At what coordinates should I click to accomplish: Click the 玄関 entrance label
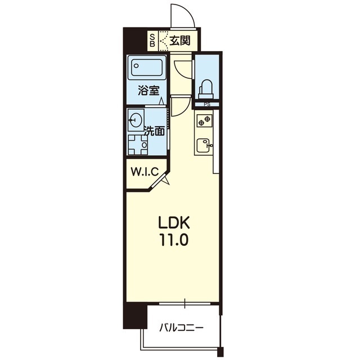[180, 40]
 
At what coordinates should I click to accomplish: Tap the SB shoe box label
[152, 40]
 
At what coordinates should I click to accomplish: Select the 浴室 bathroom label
[148, 91]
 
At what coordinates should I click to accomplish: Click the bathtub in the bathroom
[147, 67]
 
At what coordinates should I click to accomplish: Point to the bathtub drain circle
[136, 66]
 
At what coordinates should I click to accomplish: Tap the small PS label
[207, 105]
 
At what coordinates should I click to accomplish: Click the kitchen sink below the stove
[204, 145]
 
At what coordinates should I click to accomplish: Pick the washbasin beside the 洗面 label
[136, 120]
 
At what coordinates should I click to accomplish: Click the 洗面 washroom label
[154, 131]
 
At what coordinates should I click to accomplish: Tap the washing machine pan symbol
[138, 145]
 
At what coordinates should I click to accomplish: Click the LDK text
[174, 222]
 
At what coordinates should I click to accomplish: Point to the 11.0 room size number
[174, 240]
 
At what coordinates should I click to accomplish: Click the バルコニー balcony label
[181, 327]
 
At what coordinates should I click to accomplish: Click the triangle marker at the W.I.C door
[166, 181]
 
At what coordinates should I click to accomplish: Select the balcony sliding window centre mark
[185, 303]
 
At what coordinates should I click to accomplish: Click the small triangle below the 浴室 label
[162, 101]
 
